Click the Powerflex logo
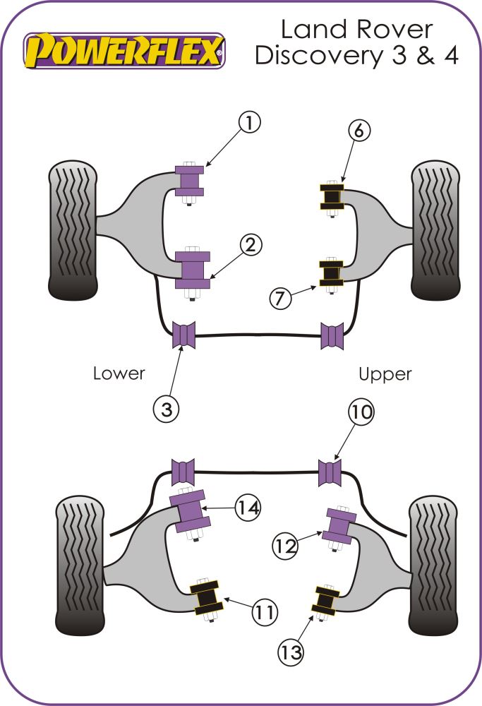[x=125, y=51]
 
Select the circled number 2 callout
[x=251, y=245]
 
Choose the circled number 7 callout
[x=280, y=299]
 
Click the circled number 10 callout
[x=361, y=412]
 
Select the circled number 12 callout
[x=287, y=544]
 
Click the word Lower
[x=119, y=373]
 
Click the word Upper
[x=385, y=373]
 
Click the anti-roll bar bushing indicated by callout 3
[x=183, y=335]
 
